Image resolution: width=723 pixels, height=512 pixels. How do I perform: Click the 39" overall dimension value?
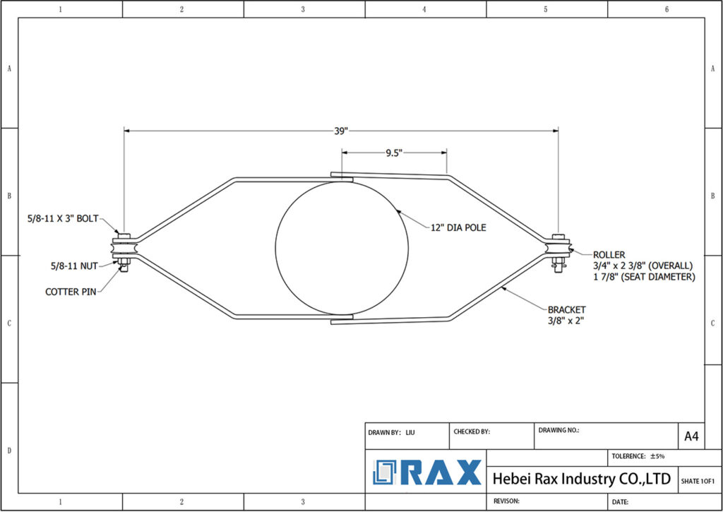(x=340, y=131)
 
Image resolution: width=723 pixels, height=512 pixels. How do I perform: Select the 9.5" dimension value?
(x=393, y=152)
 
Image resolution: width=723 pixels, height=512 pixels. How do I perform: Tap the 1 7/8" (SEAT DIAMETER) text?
(x=644, y=277)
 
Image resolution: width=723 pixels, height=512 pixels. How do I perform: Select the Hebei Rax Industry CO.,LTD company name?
(x=581, y=479)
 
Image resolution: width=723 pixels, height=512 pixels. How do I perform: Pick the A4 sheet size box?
(x=691, y=436)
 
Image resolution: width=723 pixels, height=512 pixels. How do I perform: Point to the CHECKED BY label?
(x=472, y=431)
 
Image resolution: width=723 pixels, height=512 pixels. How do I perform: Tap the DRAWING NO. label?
(x=558, y=429)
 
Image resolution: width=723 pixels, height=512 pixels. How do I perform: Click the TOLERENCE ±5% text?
(x=638, y=456)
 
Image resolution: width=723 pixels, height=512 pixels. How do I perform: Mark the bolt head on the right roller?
(x=558, y=236)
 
